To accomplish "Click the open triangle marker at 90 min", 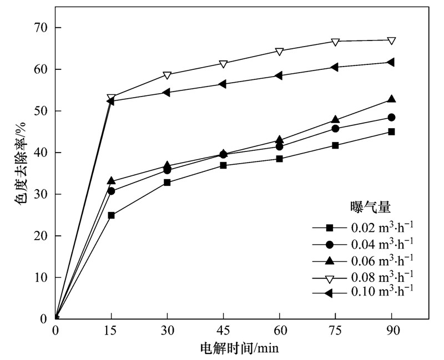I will pos(391,40).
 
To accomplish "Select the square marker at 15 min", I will pos(111,215).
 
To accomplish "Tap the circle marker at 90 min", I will pos(391,118).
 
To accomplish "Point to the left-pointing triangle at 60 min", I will pos(279,75).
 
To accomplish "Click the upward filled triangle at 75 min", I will pos(335,119).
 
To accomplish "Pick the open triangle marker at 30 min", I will pos(167,75).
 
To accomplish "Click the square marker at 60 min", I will pos(279,159).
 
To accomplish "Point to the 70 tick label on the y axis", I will pos(40,28).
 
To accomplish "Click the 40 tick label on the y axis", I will pos(40,153).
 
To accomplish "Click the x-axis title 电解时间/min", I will pos(239,348).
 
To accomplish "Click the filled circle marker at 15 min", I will pos(111,191).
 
